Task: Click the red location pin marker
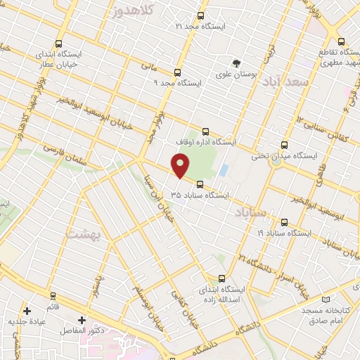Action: coord(181,165)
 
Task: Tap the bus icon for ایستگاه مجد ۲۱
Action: coord(201,15)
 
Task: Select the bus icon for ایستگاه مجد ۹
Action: coord(177,72)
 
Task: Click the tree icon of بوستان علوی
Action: coord(236,60)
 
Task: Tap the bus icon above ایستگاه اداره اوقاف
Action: coord(206,130)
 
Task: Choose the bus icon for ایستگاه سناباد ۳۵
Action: coord(200,185)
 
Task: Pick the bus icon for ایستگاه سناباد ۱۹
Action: coord(283,221)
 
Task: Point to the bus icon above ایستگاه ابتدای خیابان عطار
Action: coord(58,41)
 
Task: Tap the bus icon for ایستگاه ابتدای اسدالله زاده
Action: coord(222,278)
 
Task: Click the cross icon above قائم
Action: coord(27,310)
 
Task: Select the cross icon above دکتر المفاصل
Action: coord(82,320)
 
